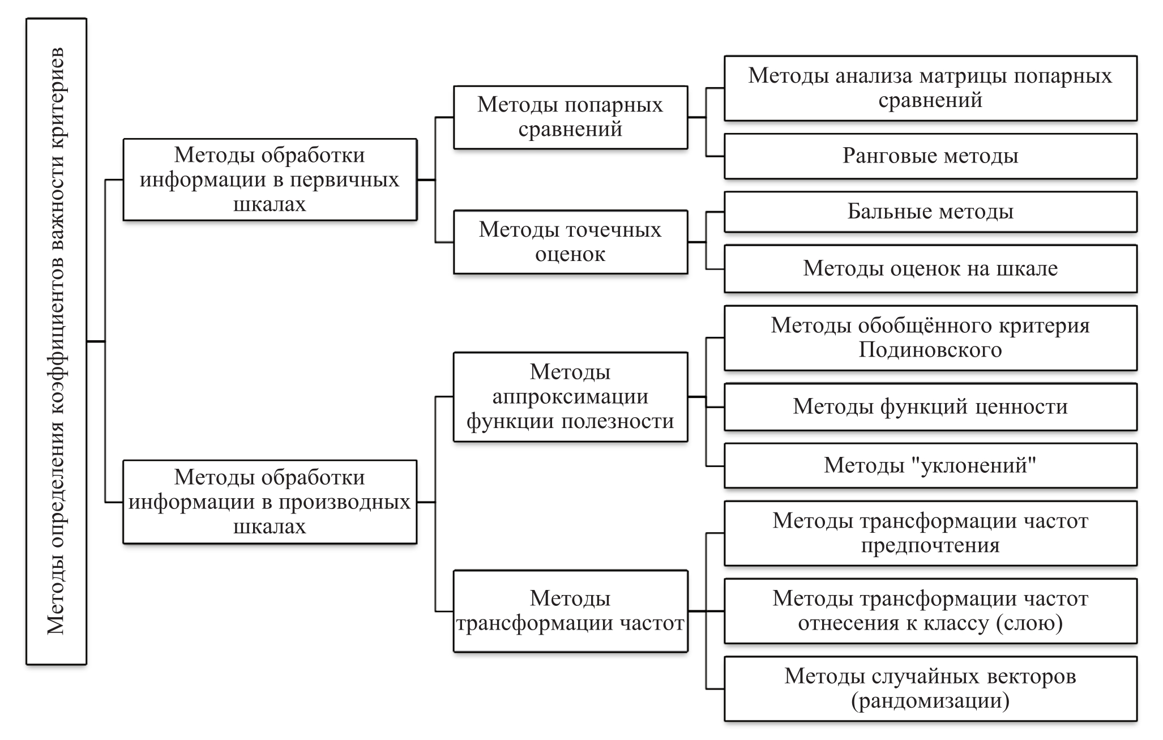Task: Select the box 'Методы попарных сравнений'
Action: [x=570, y=117]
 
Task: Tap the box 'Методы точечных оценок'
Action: [x=570, y=242]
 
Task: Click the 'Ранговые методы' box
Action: [x=930, y=156]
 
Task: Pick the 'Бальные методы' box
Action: [x=930, y=212]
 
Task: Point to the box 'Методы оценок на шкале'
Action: [x=930, y=268]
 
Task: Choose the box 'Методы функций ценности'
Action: [x=930, y=407]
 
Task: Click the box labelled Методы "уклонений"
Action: [x=930, y=465]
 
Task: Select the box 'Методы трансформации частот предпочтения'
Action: [x=930, y=533]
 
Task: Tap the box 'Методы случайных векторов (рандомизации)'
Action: [x=930, y=688]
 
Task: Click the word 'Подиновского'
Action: [x=930, y=350]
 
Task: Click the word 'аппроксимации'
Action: [x=570, y=396]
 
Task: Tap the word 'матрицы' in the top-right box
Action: [x=965, y=76]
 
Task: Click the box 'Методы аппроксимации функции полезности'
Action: [x=570, y=396]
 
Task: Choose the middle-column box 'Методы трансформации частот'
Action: [x=570, y=611]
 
